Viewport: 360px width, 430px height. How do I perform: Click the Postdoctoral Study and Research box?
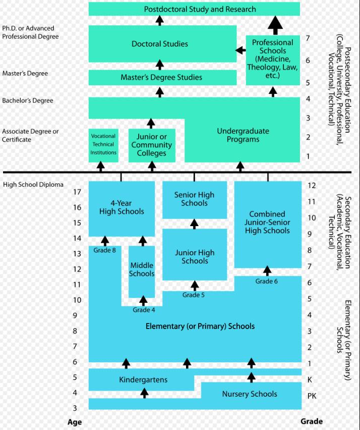pyautogui.click(x=194, y=9)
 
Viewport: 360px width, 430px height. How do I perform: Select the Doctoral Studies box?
pyautogui.click(x=162, y=44)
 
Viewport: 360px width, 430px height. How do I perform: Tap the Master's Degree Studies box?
pyautogui.click(x=162, y=77)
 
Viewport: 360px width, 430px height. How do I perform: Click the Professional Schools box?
pyautogui.click(x=273, y=60)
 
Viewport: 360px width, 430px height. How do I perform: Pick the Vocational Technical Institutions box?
pyautogui.click(x=103, y=145)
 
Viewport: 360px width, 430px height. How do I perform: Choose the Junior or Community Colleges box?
pyautogui.click(x=152, y=145)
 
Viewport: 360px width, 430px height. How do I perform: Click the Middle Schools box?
pyautogui.click(x=142, y=272)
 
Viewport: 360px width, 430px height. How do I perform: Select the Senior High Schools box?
pyautogui.click(x=195, y=200)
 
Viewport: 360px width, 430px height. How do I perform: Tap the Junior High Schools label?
pyautogui.click(x=195, y=257)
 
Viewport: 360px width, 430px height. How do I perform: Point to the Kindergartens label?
pyautogui.click(x=143, y=380)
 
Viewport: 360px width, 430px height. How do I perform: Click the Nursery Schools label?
pyautogui.click(x=250, y=394)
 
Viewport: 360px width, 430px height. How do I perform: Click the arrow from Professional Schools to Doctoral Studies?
pyautogui.click(x=241, y=50)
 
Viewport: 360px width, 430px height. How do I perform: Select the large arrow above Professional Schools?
pyautogui.click(x=275, y=25)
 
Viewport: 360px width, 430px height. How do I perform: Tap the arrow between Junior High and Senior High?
pyautogui.click(x=194, y=224)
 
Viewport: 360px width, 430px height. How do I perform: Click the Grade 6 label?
pyautogui.click(x=267, y=281)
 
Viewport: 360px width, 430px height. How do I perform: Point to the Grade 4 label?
pyautogui.click(x=144, y=310)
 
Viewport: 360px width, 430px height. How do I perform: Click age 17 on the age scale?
pyautogui.click(x=77, y=192)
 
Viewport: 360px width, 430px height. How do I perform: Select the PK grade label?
pyautogui.click(x=312, y=396)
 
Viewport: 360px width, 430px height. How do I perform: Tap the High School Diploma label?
pyautogui.click(x=33, y=185)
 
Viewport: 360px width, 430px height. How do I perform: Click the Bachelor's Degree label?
pyautogui.click(x=28, y=100)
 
